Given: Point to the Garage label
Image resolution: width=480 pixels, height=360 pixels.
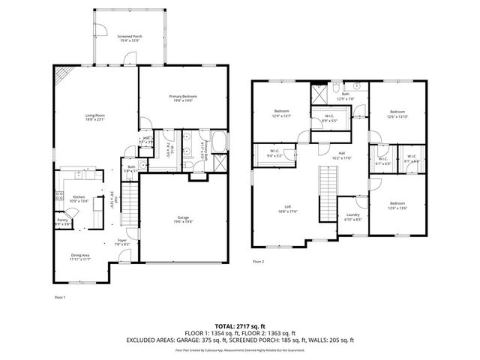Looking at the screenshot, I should pyautogui.click(x=183, y=218).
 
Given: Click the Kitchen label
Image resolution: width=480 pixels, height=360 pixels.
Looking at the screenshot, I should pyautogui.click(x=79, y=199).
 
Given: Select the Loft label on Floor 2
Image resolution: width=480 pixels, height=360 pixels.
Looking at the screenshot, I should pyautogui.click(x=287, y=208).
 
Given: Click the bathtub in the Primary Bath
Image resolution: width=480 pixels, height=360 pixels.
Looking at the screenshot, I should pyautogui.click(x=220, y=142).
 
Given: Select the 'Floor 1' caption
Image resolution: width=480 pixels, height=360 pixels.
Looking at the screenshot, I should pyautogui.click(x=60, y=298).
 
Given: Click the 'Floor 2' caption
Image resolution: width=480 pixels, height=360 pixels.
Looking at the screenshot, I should pyautogui.click(x=259, y=262).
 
